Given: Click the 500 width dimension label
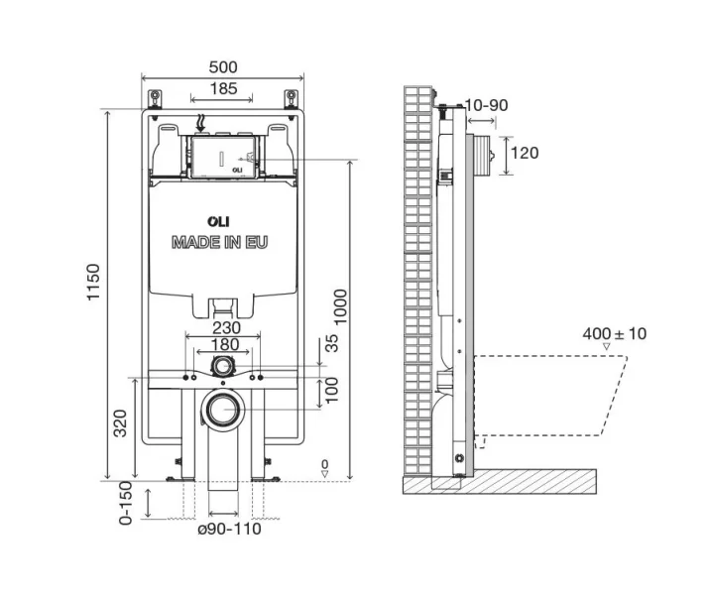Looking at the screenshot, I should click(x=223, y=66).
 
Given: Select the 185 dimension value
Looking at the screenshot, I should click(x=221, y=89).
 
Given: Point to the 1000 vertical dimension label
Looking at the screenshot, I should click(x=341, y=313).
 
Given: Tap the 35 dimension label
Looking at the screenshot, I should click(x=333, y=345).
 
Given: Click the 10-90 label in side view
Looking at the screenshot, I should click(x=487, y=104).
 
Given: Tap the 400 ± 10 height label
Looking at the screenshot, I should click(x=614, y=333).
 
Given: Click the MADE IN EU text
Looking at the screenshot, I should click(x=219, y=241).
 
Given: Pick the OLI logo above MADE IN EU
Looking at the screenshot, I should click(x=218, y=222).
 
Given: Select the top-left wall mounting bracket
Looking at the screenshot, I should click(x=156, y=97).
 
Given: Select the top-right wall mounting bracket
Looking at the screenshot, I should click(x=291, y=97).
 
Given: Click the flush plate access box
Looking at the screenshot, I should click(x=223, y=157).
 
